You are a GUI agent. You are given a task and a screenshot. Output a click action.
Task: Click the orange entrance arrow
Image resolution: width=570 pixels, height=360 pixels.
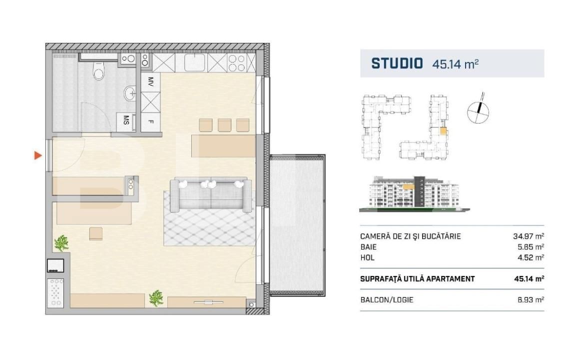coord(38,155)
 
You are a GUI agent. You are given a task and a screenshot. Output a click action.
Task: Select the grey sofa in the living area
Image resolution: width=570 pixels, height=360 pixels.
coord(210,194)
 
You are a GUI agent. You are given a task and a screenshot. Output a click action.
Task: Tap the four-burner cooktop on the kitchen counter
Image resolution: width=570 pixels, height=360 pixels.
coord(237,63)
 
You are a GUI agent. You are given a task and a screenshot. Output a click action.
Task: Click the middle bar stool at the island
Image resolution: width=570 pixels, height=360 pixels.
coord(224,125)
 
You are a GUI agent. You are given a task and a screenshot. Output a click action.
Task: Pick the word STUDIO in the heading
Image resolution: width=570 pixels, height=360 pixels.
coord(397,63)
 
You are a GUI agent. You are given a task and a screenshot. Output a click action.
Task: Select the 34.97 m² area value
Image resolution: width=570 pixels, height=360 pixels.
coord(529,236)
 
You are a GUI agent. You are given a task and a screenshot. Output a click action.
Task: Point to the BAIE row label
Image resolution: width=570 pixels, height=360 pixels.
coord(368,247)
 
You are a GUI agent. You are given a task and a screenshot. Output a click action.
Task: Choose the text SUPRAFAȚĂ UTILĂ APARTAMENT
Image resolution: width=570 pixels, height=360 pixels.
coord(417,279)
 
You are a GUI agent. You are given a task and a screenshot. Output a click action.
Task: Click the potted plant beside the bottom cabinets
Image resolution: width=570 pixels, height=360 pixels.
coord(156,298)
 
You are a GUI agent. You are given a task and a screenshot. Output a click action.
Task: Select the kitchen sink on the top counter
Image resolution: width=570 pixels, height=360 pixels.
coord(194,62)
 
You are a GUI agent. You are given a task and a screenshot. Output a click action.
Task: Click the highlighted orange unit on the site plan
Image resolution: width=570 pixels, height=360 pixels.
coord(443,131)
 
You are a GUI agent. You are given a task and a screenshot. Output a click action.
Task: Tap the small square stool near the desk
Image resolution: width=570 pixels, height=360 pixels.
coord(96,233)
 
